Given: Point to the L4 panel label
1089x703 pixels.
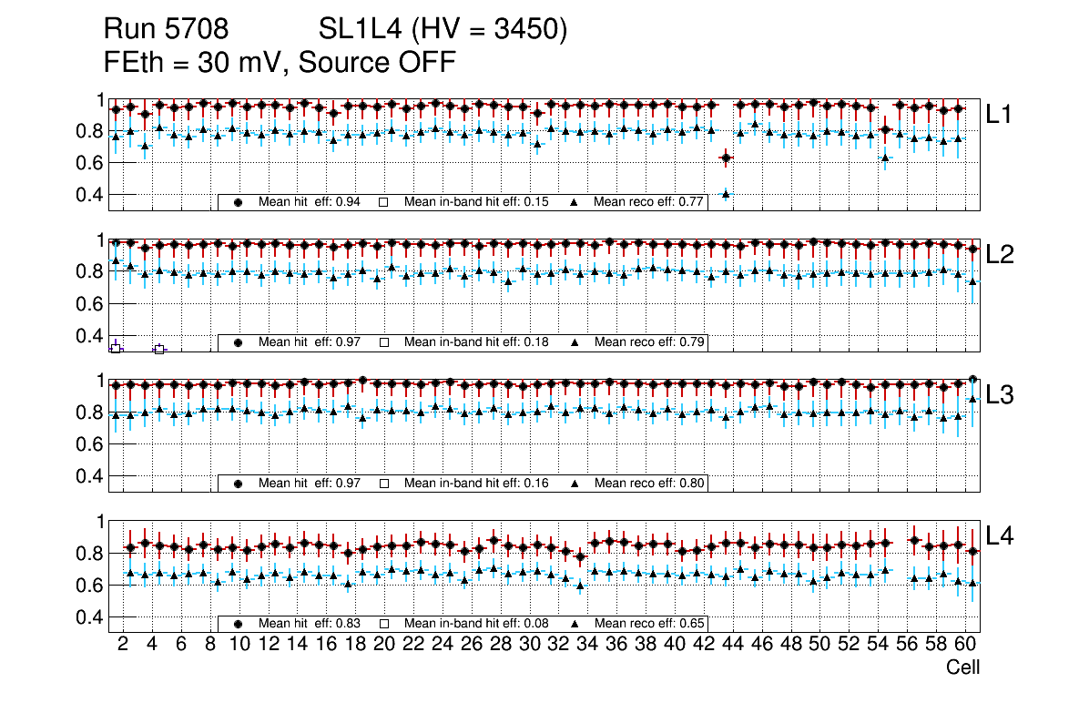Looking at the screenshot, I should coord(1002,536).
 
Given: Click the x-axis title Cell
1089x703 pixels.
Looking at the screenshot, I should coord(962,667).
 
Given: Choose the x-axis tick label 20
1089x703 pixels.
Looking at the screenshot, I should coord(383,645).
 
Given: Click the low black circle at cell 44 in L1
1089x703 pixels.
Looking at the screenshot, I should coord(726,159).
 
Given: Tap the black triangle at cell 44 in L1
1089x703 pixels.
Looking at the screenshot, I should coord(726,193).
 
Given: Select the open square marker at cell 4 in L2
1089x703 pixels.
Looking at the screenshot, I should coord(159,349).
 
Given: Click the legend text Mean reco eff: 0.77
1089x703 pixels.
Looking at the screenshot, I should coord(648,202).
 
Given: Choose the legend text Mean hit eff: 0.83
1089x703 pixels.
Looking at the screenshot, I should coord(310,624).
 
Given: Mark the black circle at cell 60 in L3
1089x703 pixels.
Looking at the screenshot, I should coord(972,379).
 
